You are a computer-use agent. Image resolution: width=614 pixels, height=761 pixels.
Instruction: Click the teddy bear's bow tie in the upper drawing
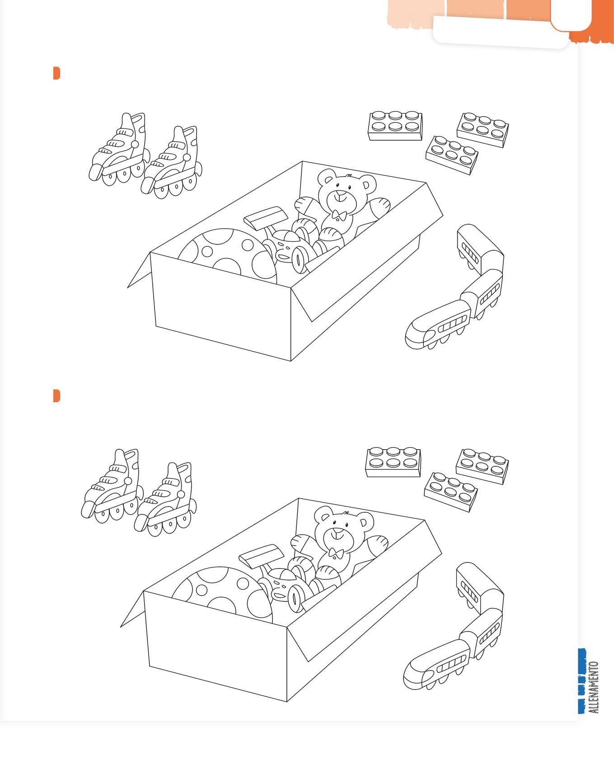[x=339, y=216]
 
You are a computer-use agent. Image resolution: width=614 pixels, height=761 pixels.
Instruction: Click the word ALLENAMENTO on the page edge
[x=594, y=687]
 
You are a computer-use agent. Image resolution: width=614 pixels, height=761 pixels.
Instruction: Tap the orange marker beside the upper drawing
[x=56, y=73]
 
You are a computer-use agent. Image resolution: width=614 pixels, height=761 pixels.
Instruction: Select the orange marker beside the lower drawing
[x=56, y=395]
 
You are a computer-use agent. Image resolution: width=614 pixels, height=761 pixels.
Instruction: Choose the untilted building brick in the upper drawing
[x=395, y=126]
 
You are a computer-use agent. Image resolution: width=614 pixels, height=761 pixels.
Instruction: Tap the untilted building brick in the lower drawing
[x=393, y=462]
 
